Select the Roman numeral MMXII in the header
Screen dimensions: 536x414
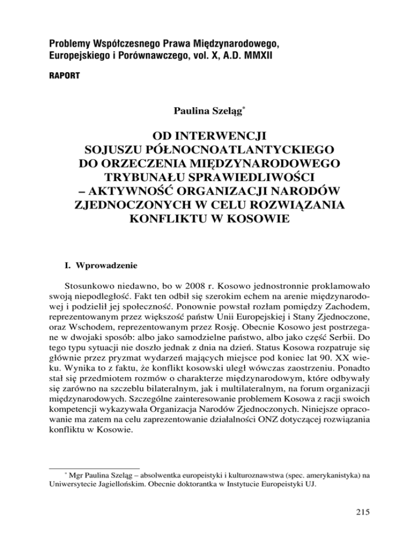click(258, 55)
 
